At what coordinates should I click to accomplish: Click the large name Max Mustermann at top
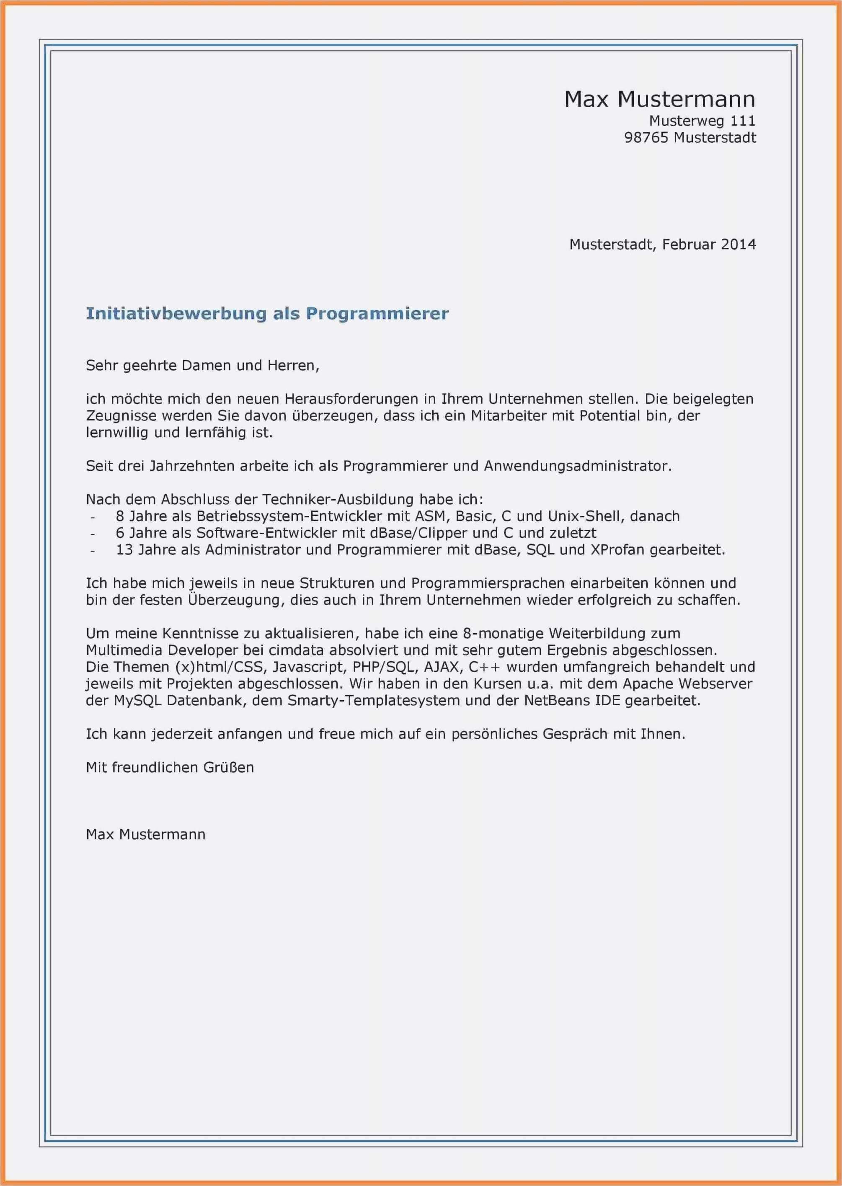(x=659, y=99)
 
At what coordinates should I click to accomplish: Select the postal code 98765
(x=646, y=138)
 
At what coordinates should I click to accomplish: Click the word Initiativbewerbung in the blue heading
(x=175, y=314)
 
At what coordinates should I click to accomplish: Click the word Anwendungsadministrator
(x=577, y=466)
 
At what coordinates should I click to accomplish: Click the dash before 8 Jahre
(x=93, y=517)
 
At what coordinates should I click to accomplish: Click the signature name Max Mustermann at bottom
(x=146, y=835)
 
